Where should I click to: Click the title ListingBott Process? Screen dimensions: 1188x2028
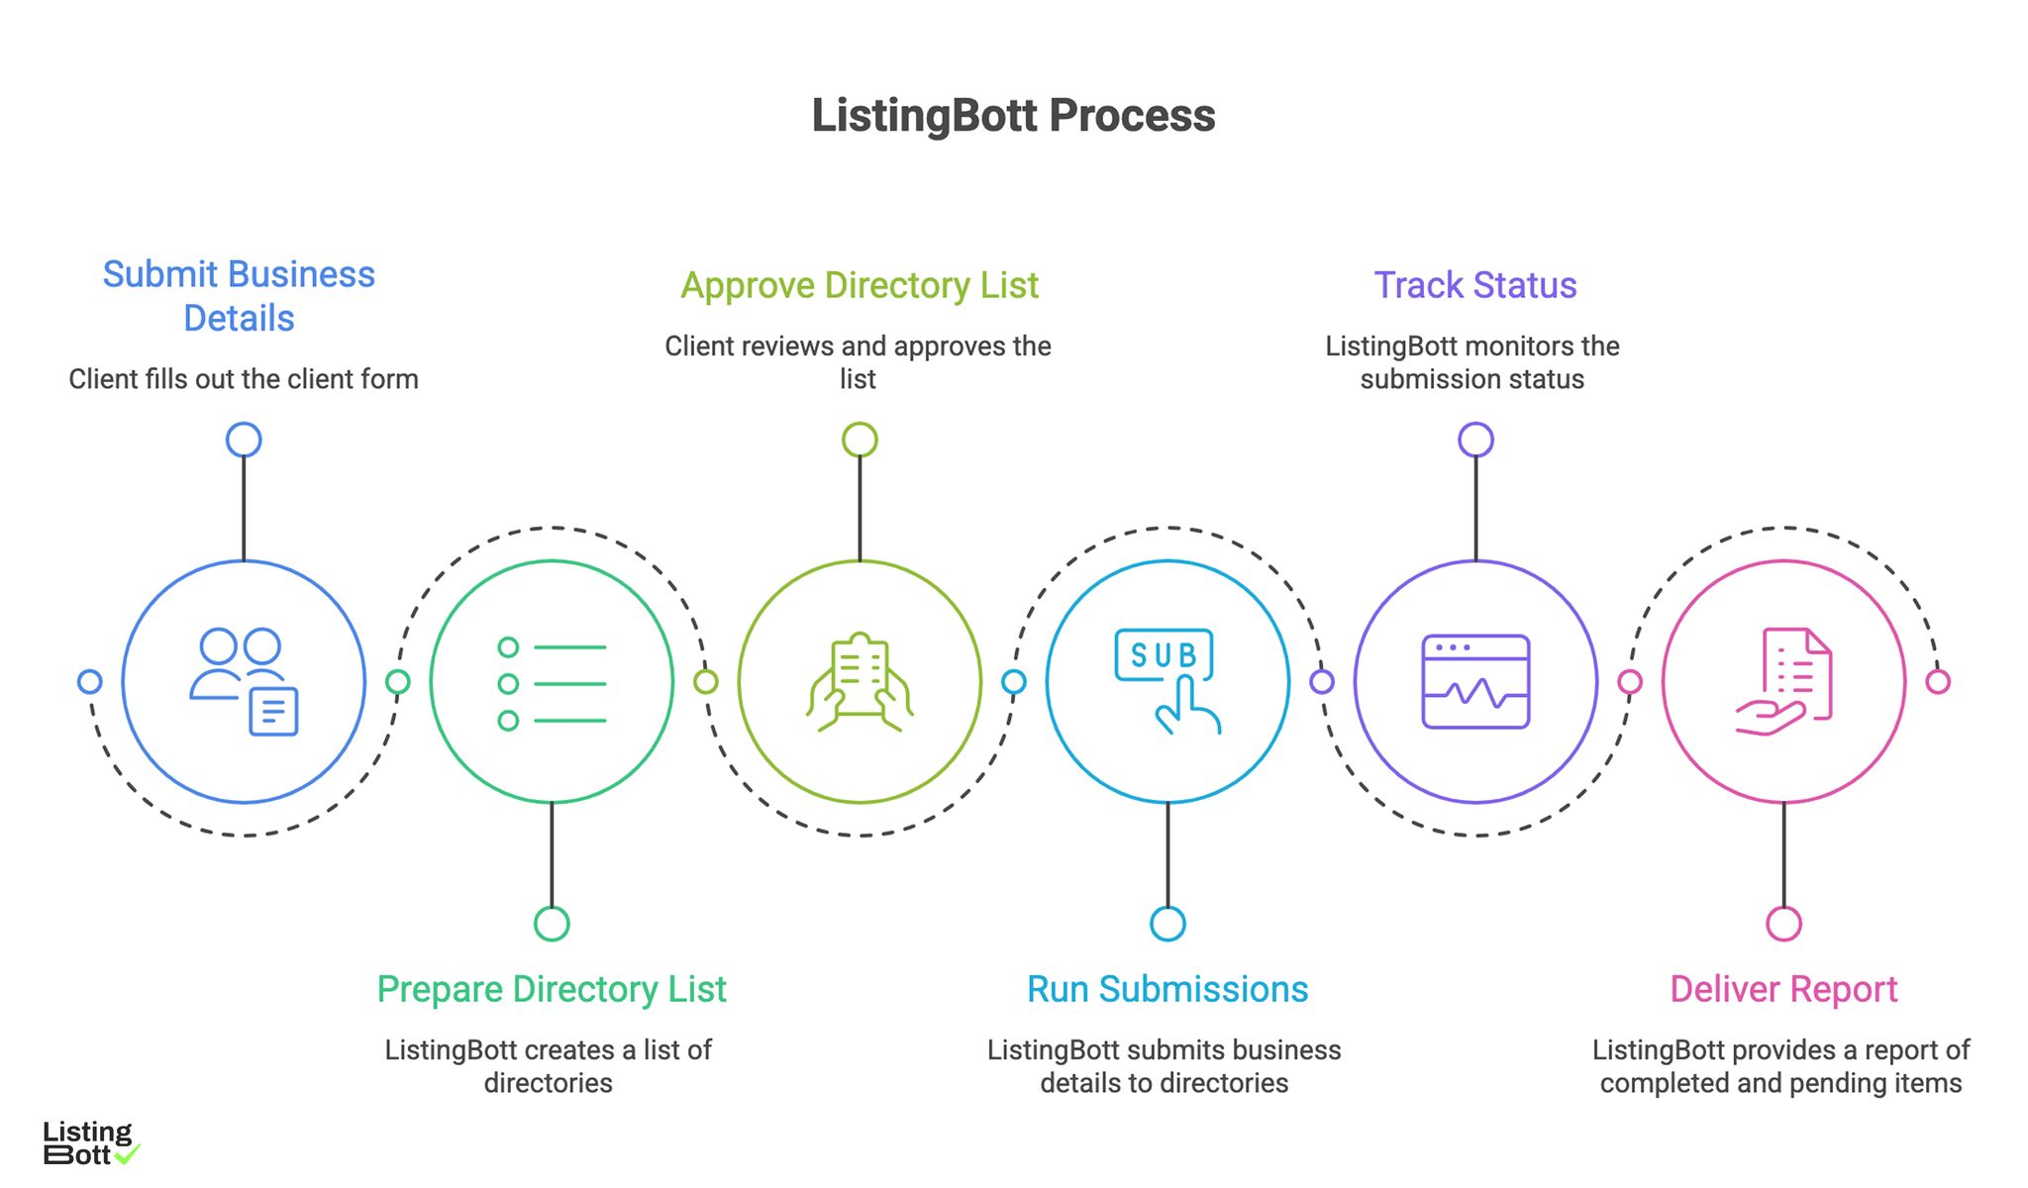tap(1013, 116)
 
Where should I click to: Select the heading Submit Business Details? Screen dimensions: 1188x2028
tap(239, 295)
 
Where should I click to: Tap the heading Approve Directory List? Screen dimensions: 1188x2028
tap(859, 285)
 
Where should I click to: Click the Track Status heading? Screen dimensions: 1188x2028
tap(1474, 285)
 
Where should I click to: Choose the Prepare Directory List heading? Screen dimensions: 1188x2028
tap(552, 989)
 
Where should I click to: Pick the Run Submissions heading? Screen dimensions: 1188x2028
tap(1166, 989)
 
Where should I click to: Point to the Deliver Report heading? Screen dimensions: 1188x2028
tap(1782, 989)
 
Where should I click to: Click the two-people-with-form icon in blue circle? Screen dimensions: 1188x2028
tap(244, 681)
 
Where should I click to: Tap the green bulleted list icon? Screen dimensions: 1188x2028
tap(552, 683)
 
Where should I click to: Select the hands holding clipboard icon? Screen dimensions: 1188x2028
tap(860, 682)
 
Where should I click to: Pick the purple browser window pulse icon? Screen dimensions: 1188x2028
tap(1475, 682)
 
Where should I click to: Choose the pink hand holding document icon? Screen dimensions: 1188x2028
tap(1783, 682)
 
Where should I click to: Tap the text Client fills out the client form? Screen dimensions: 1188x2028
tap(244, 379)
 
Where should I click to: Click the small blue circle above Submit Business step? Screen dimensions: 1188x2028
tap(244, 440)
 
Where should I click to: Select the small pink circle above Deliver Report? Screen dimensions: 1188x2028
tap(1783, 924)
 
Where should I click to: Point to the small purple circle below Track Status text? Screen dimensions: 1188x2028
tap(1475, 440)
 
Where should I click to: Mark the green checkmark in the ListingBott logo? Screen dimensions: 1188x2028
tap(128, 1153)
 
